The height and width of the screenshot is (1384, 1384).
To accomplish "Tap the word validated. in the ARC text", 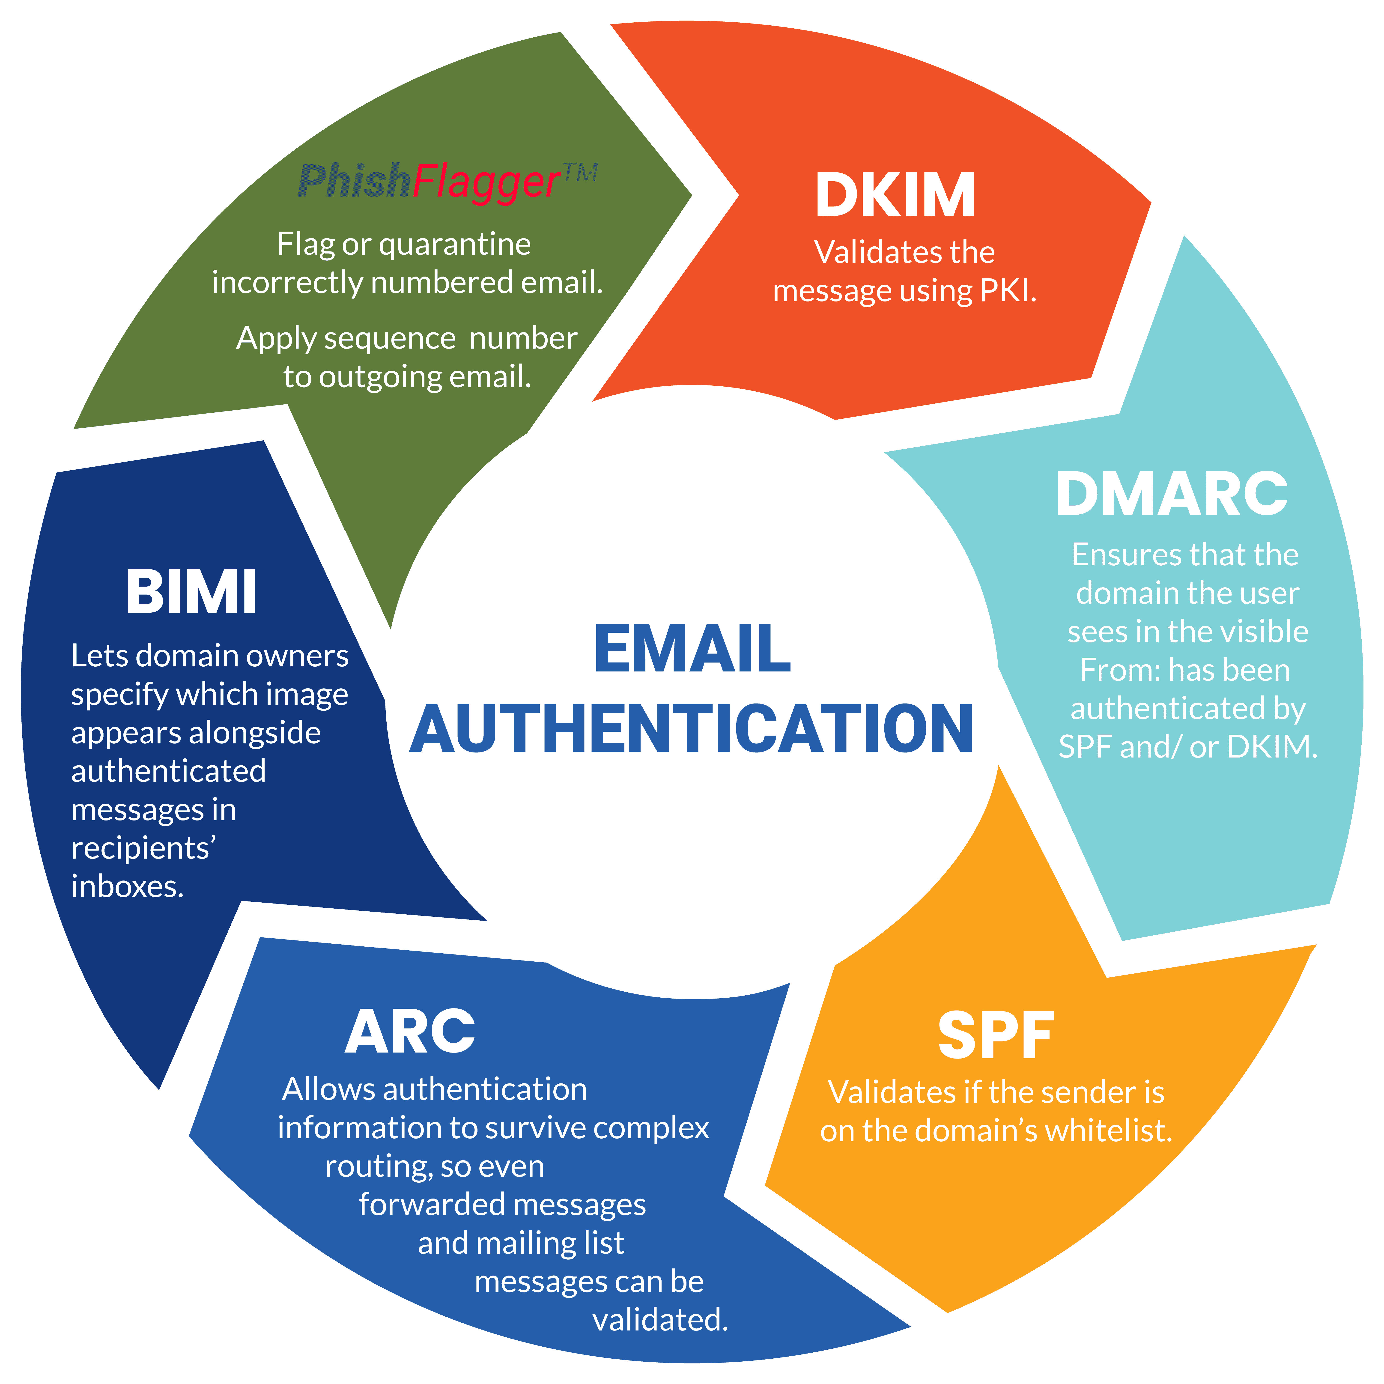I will click(660, 1319).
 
